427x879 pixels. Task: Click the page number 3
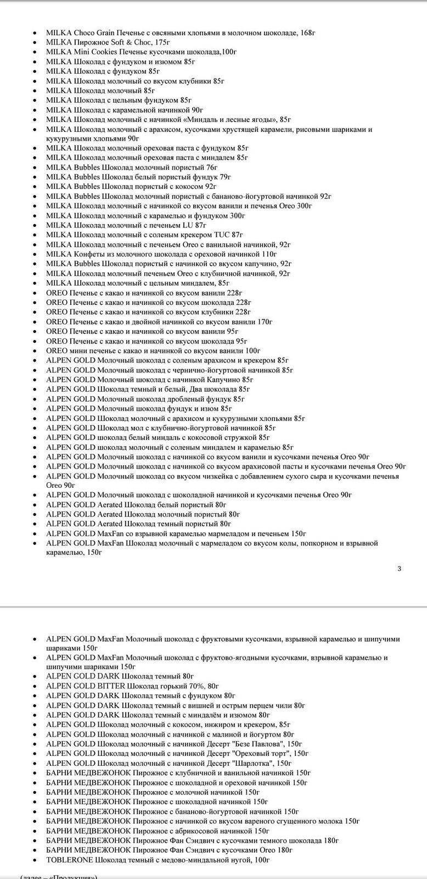click(399, 569)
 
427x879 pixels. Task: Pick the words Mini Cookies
click(95, 52)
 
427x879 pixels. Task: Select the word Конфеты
click(90, 254)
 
